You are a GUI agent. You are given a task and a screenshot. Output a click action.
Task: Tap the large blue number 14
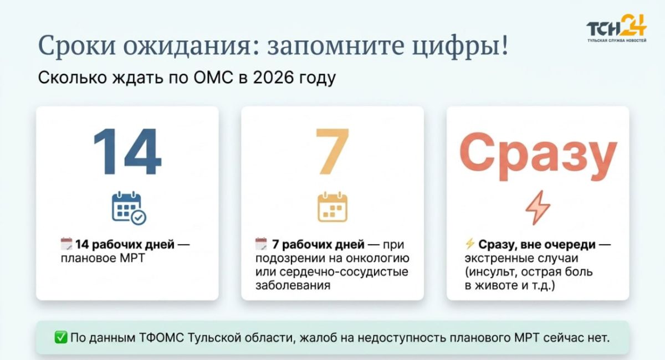(127, 152)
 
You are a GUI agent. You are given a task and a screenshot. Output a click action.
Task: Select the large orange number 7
(332, 152)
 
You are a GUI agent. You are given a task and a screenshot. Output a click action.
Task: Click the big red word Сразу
(538, 156)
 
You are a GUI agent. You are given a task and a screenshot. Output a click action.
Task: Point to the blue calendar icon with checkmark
(129, 208)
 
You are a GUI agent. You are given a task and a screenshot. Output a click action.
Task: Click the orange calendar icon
(332, 207)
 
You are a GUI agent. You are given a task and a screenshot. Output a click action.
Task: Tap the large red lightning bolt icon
(538, 208)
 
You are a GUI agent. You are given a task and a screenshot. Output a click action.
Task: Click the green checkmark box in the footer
(61, 338)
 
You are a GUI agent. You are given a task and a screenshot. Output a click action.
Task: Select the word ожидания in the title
(187, 45)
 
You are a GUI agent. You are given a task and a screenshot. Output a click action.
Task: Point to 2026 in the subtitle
(273, 78)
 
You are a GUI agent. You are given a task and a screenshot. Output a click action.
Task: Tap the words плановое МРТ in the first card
(103, 258)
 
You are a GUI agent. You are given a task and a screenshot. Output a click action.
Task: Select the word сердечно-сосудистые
(344, 272)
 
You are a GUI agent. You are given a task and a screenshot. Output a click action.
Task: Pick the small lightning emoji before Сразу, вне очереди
(470, 244)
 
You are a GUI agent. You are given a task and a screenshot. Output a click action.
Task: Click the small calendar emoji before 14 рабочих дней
(66, 244)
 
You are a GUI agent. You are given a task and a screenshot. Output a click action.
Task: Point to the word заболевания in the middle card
(293, 285)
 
